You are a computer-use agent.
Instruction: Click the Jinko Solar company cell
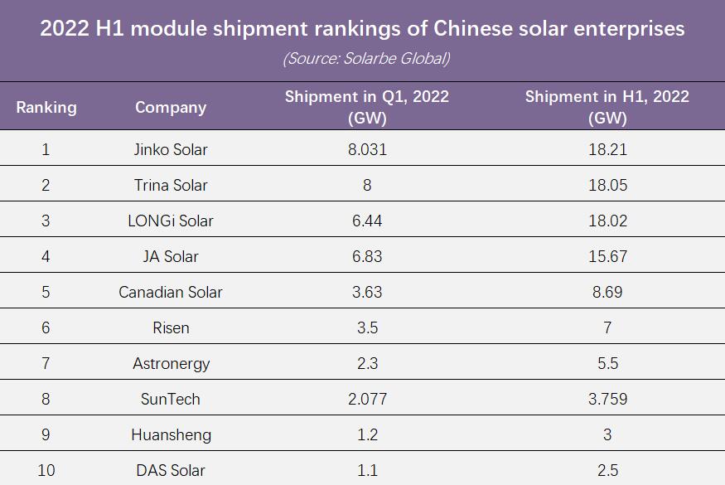pyautogui.click(x=171, y=150)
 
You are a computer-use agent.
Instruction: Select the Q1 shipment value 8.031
pyautogui.click(x=367, y=150)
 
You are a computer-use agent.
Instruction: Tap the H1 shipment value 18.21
pyautogui.click(x=607, y=150)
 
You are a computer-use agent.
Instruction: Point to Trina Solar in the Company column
pyautogui.click(x=171, y=186)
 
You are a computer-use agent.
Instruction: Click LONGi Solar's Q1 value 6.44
pyautogui.click(x=367, y=221)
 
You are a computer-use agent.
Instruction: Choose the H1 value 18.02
pyautogui.click(x=607, y=221)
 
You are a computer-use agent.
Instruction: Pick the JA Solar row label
pyautogui.click(x=171, y=257)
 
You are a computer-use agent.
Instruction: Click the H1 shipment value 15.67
pyautogui.click(x=607, y=257)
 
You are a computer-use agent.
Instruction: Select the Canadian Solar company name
pyautogui.click(x=171, y=293)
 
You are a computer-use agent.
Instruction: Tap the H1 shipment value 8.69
pyautogui.click(x=607, y=293)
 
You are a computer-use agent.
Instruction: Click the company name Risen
pyautogui.click(x=171, y=328)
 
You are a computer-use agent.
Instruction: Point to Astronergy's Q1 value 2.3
pyautogui.click(x=367, y=364)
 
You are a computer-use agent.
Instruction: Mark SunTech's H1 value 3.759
pyautogui.click(x=607, y=400)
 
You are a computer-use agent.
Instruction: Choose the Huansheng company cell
pyautogui.click(x=171, y=435)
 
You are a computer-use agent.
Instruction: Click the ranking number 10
pyautogui.click(x=46, y=471)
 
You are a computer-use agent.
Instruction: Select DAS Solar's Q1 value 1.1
pyautogui.click(x=367, y=471)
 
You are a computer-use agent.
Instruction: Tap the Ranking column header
pyautogui.click(x=46, y=107)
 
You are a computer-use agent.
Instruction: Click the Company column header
pyautogui.click(x=171, y=107)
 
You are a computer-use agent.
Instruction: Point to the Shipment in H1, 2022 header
pyautogui.click(x=607, y=107)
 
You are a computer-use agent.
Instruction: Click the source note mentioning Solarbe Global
pyautogui.click(x=366, y=59)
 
